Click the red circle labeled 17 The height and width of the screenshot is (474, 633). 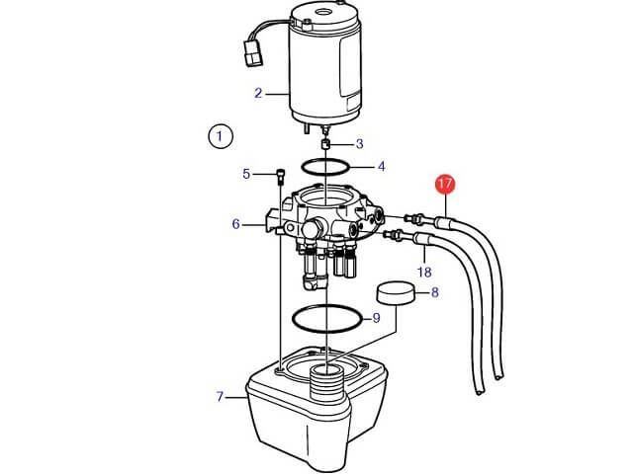(445, 185)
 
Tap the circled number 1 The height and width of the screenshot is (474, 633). (220, 136)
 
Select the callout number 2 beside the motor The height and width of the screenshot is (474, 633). (258, 93)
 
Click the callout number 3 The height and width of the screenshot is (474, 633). (359, 144)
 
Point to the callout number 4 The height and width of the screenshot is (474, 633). (381, 166)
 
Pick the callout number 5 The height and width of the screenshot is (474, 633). (246, 174)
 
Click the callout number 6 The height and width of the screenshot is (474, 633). (236, 224)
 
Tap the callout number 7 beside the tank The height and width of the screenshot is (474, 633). (220, 397)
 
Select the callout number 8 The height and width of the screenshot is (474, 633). (435, 292)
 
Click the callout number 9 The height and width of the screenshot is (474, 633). (376, 318)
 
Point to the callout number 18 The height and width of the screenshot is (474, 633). (424, 273)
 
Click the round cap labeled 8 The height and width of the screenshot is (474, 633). (396, 292)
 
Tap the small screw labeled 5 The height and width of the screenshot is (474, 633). (280, 177)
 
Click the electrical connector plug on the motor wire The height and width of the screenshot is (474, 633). (253, 52)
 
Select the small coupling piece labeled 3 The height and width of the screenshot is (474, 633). (325, 144)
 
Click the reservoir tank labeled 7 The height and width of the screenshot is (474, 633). (316, 407)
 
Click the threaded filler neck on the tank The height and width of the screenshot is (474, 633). (325, 382)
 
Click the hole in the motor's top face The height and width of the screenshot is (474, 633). (323, 12)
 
